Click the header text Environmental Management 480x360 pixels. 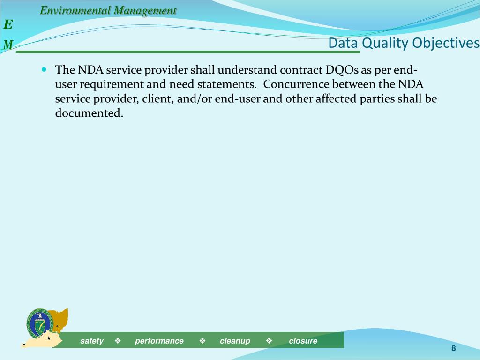pyautogui.click(x=108, y=10)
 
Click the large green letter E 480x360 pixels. pyautogui.click(x=8, y=24)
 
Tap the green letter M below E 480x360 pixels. pyautogui.click(x=8, y=45)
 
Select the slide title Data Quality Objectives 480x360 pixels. pyautogui.click(x=404, y=43)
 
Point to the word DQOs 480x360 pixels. pyautogui.click(x=342, y=70)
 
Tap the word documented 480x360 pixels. pyautogui.click(x=89, y=113)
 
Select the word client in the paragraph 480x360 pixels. pyautogui.click(x=158, y=99)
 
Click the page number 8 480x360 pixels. pyautogui.click(x=454, y=348)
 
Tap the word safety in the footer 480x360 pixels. pyautogui.click(x=92, y=341)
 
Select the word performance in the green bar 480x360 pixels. pyautogui.click(x=159, y=341)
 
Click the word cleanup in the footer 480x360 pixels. pyautogui.click(x=235, y=341)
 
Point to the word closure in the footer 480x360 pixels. pyautogui.click(x=303, y=341)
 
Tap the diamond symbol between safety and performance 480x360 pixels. pyautogui.click(x=118, y=341)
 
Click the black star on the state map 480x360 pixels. pyautogui.click(x=49, y=337)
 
